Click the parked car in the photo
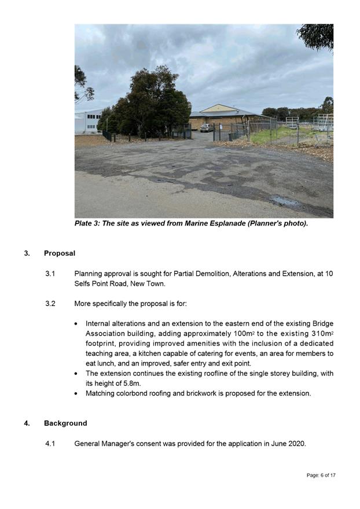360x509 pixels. coord(207,128)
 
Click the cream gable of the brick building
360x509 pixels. coord(218,108)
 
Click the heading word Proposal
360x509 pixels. coord(60,253)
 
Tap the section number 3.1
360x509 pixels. coord(50,273)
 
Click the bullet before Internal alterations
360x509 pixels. coord(78,323)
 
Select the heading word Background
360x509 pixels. coord(65,423)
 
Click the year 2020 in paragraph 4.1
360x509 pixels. coord(295,444)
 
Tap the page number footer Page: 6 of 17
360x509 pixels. coord(321,475)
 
